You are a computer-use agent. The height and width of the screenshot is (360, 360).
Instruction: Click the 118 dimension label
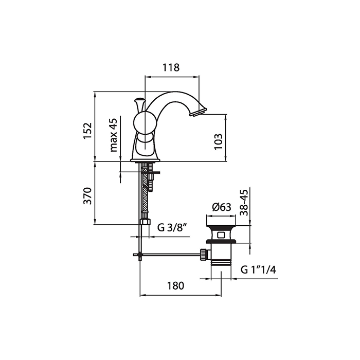pyautogui.click(x=171, y=67)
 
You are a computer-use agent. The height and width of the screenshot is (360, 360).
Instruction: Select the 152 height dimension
pyautogui.click(x=87, y=131)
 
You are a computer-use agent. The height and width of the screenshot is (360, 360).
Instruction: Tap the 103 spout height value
pyautogui.click(x=219, y=141)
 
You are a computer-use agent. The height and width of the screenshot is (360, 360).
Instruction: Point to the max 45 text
pyautogui.click(x=114, y=135)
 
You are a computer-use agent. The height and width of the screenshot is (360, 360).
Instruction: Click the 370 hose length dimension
pyautogui.click(x=87, y=196)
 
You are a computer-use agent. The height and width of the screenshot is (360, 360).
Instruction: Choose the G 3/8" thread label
pyautogui.click(x=171, y=227)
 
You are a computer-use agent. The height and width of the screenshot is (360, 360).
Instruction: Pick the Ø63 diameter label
pyautogui.click(x=222, y=207)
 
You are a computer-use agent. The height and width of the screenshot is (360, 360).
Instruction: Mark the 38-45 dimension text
pyautogui.click(x=244, y=202)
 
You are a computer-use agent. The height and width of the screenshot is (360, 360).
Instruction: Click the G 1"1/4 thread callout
pyautogui.click(x=258, y=270)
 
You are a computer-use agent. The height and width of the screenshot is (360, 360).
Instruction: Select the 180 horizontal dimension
pyautogui.click(x=175, y=286)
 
